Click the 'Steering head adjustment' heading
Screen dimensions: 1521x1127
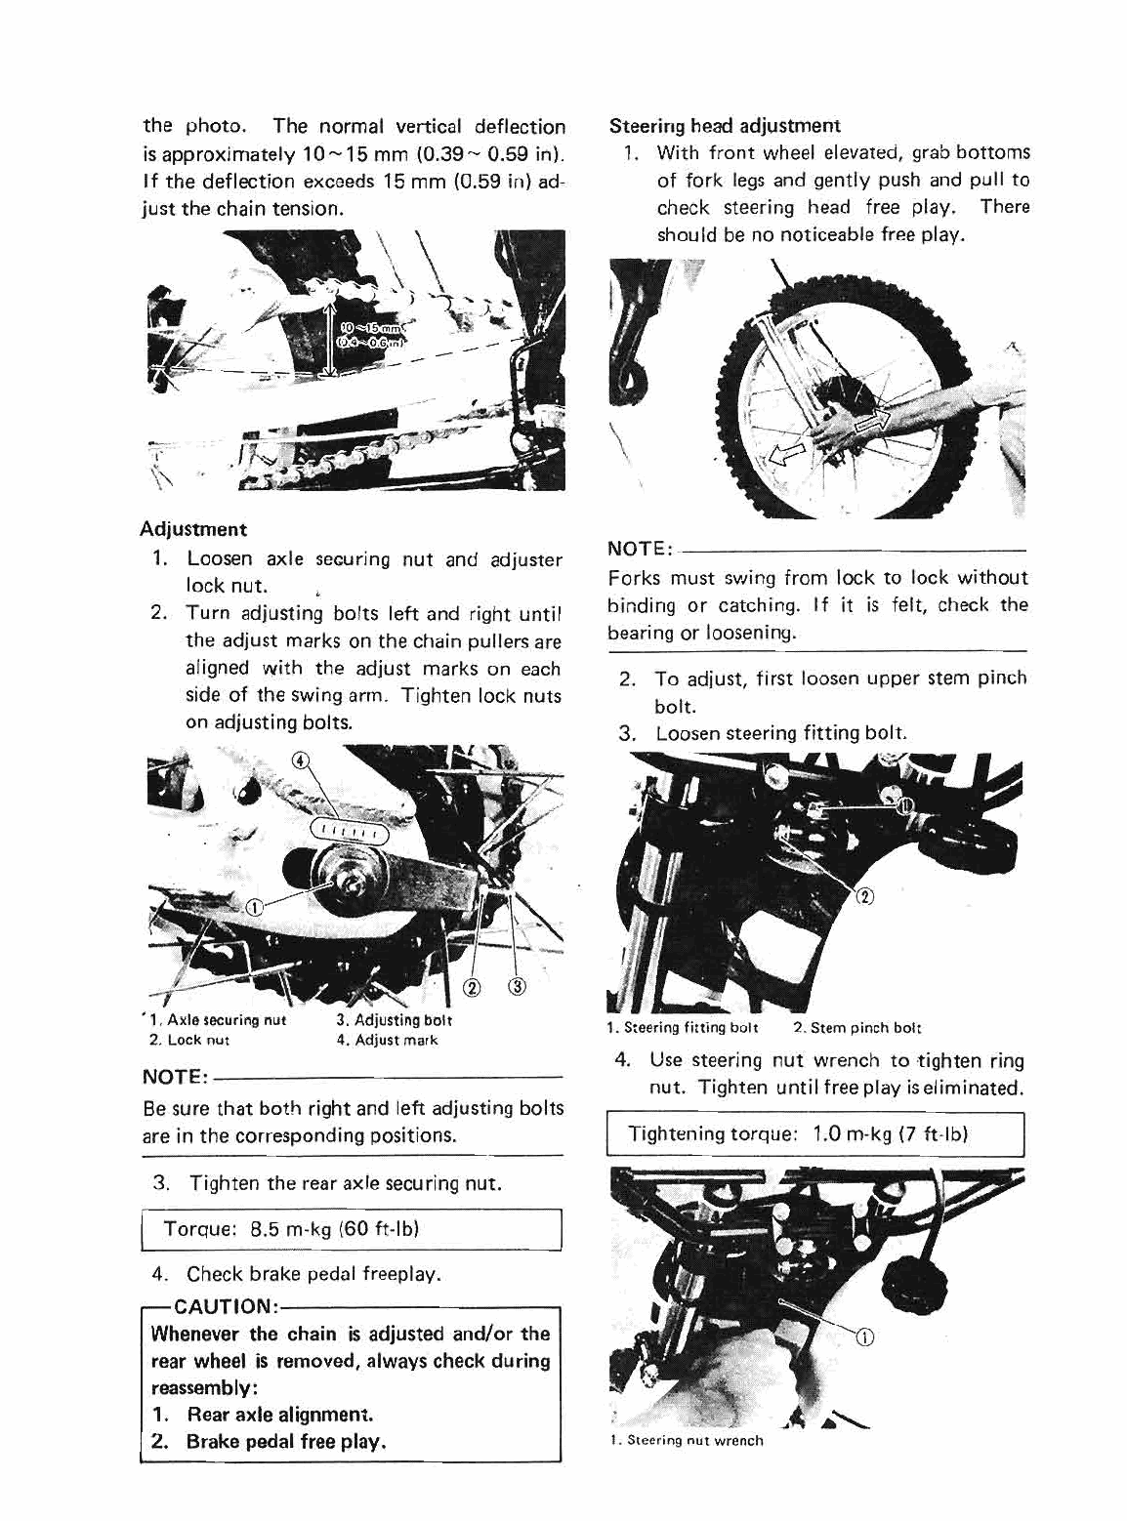724,126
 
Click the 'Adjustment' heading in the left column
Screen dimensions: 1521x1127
193,529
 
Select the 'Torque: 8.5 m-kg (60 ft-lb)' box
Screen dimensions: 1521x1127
352,1229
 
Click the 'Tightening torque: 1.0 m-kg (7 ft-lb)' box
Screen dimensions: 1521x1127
814,1133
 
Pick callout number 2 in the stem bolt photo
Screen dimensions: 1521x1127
862,897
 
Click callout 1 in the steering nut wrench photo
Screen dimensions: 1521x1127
862,1338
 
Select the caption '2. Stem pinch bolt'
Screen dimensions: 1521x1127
856,1027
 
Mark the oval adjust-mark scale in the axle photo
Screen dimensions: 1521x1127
349,831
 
